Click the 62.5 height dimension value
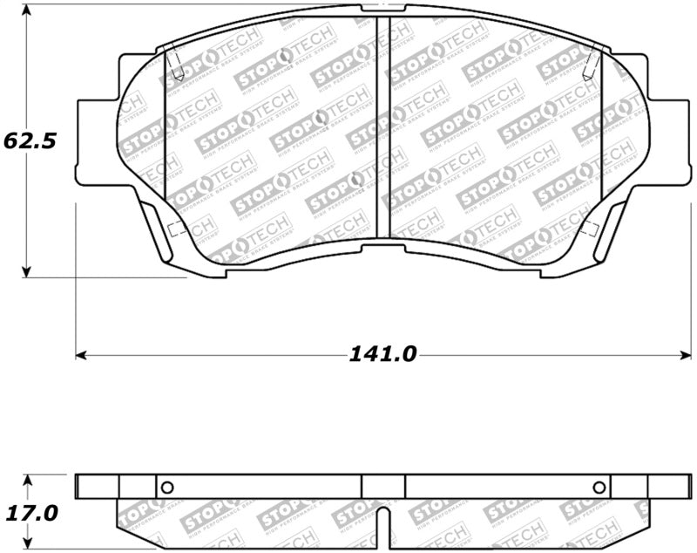click(x=30, y=140)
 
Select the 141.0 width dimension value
click(x=383, y=354)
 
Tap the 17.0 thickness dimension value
click(x=30, y=513)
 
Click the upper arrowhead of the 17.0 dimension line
click(x=28, y=481)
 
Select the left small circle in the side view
click(x=168, y=487)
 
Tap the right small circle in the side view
click(x=599, y=487)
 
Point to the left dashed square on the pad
click(x=173, y=230)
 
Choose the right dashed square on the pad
click(x=589, y=229)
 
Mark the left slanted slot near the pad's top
click(x=175, y=63)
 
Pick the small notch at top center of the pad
click(x=382, y=8)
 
